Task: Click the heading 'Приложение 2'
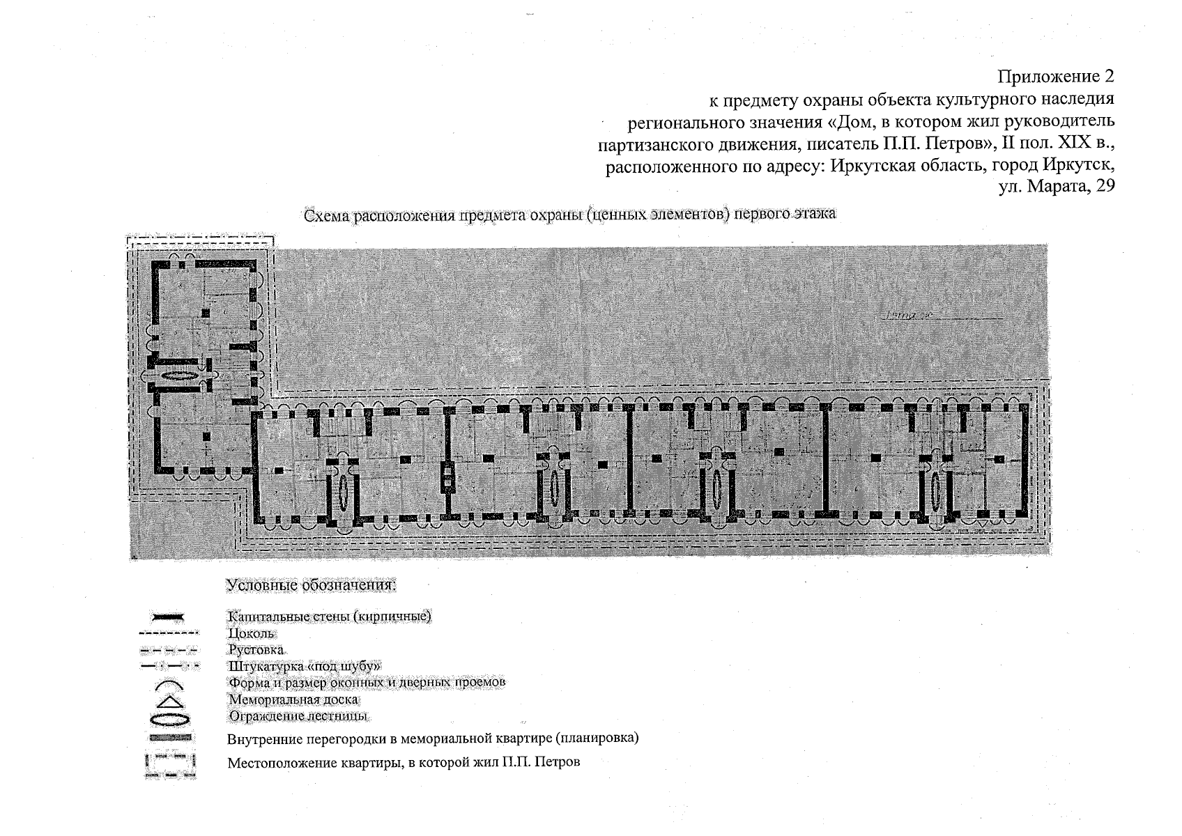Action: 1056,75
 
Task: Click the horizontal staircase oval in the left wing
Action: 179,376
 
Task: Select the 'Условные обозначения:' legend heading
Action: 312,585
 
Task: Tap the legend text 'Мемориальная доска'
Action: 293,699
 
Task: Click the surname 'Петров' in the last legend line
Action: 557,762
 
